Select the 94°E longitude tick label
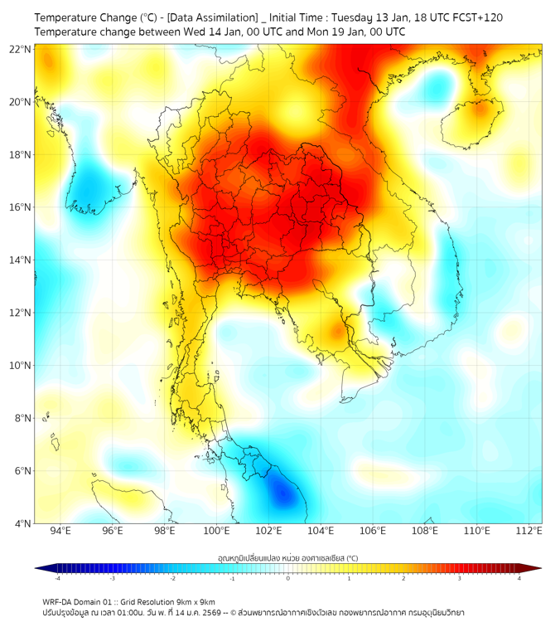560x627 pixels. [x=60, y=531]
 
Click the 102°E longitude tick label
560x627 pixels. [x=269, y=531]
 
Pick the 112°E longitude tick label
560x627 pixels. [x=529, y=531]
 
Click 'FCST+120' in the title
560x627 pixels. [x=475, y=17]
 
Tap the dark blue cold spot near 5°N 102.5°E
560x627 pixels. [x=283, y=496]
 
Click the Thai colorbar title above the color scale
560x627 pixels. [x=287, y=557]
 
